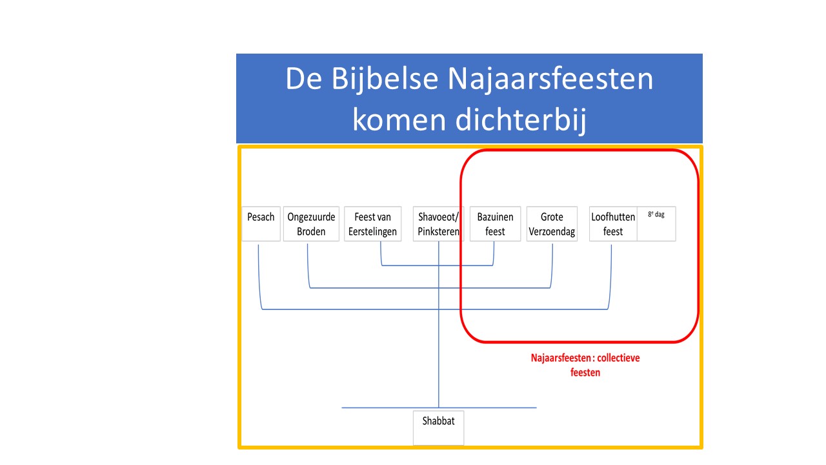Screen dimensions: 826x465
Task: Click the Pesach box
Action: click(x=261, y=223)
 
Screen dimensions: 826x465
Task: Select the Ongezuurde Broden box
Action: click(x=311, y=223)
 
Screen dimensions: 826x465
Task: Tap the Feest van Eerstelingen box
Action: click(x=373, y=223)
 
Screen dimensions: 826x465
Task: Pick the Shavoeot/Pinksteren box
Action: click(x=438, y=223)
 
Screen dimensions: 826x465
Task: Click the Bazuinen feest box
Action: click(x=495, y=223)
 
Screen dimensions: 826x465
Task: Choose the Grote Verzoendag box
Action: click(x=552, y=223)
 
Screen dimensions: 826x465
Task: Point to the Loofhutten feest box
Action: click(x=613, y=223)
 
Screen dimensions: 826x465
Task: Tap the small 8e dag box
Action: click(x=656, y=223)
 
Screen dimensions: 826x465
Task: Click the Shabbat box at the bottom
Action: click(x=438, y=428)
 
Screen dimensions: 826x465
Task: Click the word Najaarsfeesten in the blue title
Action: click(x=550, y=79)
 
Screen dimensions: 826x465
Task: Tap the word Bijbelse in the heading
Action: click(x=385, y=79)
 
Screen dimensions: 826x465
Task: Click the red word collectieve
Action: click(x=618, y=358)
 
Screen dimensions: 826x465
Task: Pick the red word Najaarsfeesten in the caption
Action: click(x=561, y=358)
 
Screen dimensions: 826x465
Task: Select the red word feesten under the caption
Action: click(x=585, y=373)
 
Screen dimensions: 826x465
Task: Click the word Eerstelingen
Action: click(x=372, y=232)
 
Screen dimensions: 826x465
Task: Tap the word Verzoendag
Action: click(x=552, y=232)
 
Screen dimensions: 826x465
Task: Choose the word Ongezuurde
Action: click(x=311, y=217)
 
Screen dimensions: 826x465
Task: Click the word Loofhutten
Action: click(x=613, y=216)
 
